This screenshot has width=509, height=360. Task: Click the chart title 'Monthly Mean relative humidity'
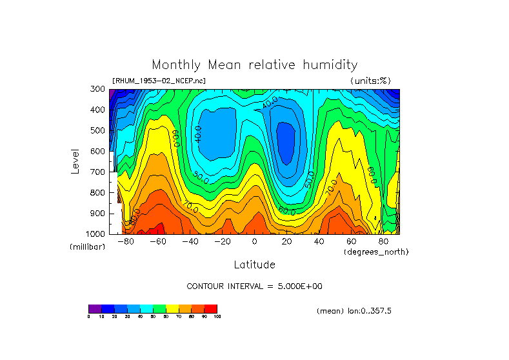pyautogui.click(x=254, y=65)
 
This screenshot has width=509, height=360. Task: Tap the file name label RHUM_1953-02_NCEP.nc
pyautogui.click(x=159, y=81)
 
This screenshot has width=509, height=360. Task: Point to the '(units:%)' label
pyautogui.click(x=370, y=81)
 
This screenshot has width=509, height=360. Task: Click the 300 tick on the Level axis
pyautogui.click(x=98, y=89)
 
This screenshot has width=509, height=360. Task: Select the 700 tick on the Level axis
pyautogui.click(x=98, y=172)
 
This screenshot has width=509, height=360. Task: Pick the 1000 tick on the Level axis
pyautogui.click(x=97, y=234)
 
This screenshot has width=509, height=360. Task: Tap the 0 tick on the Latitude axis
pyautogui.click(x=254, y=241)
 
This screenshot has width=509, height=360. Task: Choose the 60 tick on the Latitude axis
pyautogui.click(x=352, y=241)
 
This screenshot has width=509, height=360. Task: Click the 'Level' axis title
pyautogui.click(x=76, y=161)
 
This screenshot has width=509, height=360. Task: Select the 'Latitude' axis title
pyautogui.click(x=254, y=265)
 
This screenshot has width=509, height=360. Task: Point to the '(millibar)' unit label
pyautogui.click(x=86, y=247)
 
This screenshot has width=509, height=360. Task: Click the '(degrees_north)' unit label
pyautogui.click(x=376, y=251)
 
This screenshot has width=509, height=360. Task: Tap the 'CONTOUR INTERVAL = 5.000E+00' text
pyautogui.click(x=254, y=286)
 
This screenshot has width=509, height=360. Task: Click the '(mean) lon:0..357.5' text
pyautogui.click(x=354, y=310)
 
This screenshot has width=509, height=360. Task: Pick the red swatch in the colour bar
pyautogui.click(x=211, y=308)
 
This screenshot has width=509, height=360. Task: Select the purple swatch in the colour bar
pyautogui.click(x=95, y=308)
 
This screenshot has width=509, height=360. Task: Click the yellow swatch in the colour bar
pyautogui.click(x=172, y=308)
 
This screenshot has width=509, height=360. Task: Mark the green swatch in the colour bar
pyautogui.click(x=159, y=308)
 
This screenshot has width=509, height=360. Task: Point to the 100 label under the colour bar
pyautogui.click(x=217, y=317)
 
